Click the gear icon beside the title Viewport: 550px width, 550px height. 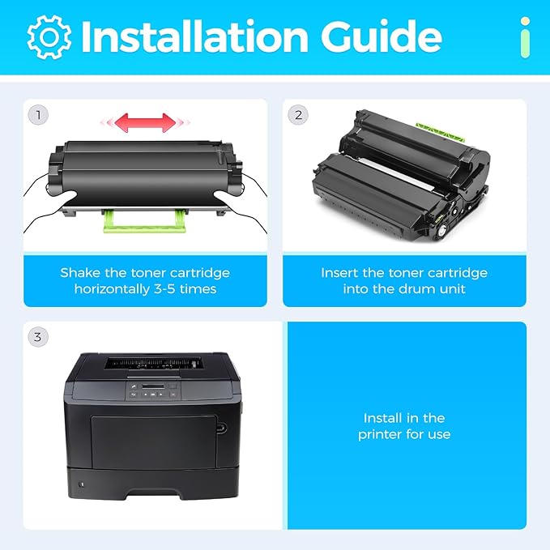(49, 36)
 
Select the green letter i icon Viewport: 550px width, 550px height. (526, 36)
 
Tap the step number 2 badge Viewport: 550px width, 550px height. (298, 115)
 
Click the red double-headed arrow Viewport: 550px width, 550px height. (143, 122)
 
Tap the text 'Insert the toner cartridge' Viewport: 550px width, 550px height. (404, 272)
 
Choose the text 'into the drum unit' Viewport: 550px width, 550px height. (404, 289)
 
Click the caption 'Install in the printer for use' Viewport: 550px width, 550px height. (404, 426)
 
